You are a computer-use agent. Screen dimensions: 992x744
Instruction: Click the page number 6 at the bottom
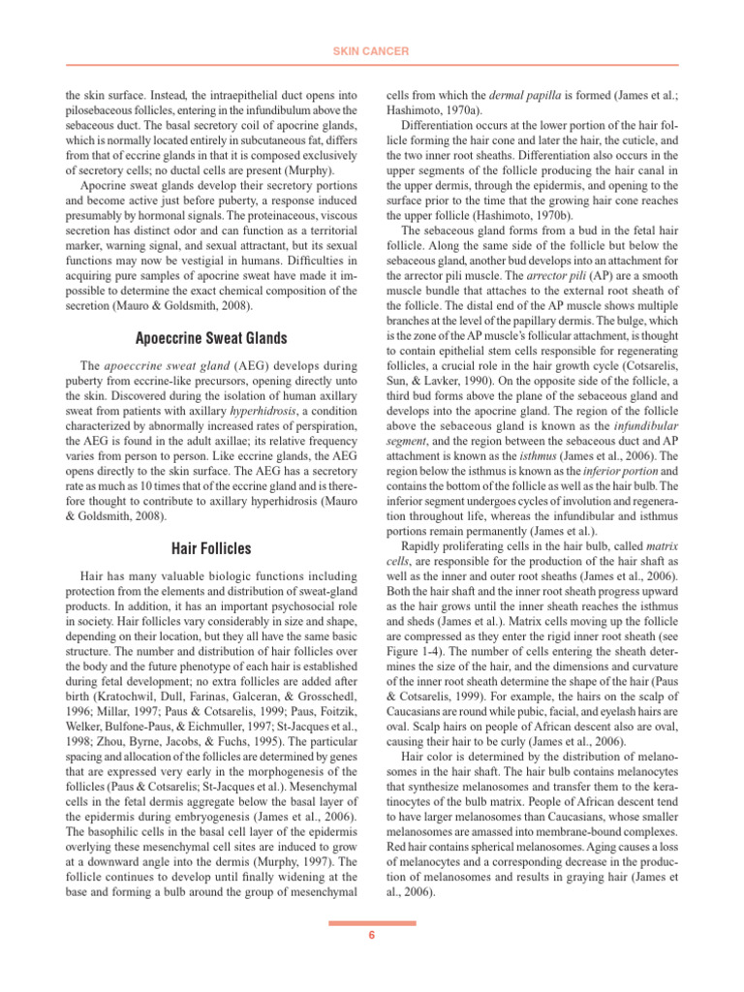[x=372, y=934]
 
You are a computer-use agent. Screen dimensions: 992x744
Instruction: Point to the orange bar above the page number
[x=372, y=923]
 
